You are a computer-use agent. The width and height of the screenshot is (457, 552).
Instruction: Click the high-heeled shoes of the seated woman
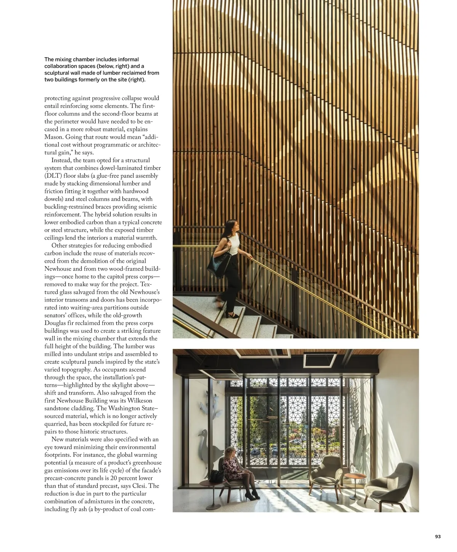(251, 496)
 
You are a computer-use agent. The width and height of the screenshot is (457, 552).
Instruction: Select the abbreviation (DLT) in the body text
(52, 176)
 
